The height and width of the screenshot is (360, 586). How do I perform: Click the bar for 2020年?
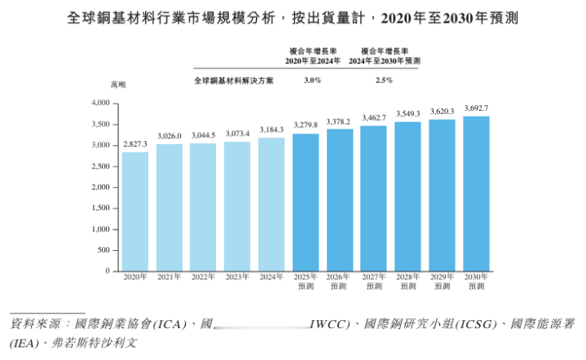(135, 211)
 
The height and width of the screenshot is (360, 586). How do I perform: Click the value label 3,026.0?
(170, 135)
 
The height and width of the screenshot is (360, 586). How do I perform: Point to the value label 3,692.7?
(477, 108)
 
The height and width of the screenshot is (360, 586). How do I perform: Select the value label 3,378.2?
(340, 121)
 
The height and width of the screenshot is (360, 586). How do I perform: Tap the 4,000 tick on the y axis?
(100, 103)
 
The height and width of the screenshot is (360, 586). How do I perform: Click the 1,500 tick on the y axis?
(100, 208)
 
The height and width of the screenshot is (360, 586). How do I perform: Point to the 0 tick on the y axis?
(107, 270)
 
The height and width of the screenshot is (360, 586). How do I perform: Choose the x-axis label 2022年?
(204, 278)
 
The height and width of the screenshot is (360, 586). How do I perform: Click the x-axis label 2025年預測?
(306, 282)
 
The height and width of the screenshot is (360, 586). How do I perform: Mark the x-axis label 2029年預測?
(443, 282)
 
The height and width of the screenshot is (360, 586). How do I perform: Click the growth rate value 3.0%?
(312, 80)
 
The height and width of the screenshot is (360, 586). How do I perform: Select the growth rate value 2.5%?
(385, 80)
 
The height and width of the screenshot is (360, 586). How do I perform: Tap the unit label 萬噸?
(119, 85)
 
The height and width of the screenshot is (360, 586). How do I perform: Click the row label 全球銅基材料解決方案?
(234, 81)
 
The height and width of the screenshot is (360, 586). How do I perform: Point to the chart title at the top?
(293, 17)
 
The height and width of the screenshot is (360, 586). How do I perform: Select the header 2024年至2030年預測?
(385, 61)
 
